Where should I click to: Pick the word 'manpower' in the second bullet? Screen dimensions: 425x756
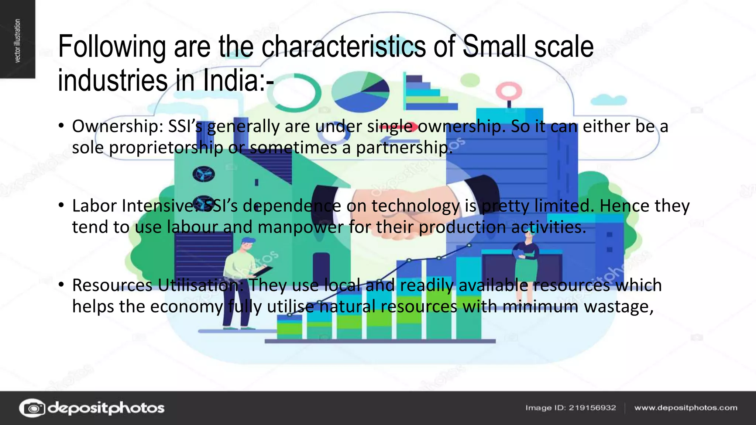(x=300, y=227)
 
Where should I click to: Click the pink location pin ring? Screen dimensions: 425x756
(x=509, y=90)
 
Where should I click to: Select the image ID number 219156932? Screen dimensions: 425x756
(x=592, y=408)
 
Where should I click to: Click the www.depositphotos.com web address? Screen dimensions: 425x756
(x=685, y=408)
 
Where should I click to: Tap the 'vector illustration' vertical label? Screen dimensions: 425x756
(x=17, y=41)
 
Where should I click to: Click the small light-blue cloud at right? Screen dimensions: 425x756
(x=608, y=100)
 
